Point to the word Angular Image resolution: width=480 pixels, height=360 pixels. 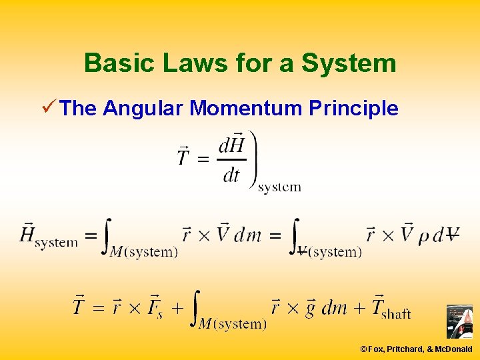143,109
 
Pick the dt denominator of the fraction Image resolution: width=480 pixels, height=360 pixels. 231,175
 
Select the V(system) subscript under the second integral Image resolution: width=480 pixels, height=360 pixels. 329,252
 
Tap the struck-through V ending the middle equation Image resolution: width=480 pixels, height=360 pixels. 452,235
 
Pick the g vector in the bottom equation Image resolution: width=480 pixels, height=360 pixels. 309,308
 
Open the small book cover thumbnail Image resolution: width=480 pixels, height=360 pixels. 459,322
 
